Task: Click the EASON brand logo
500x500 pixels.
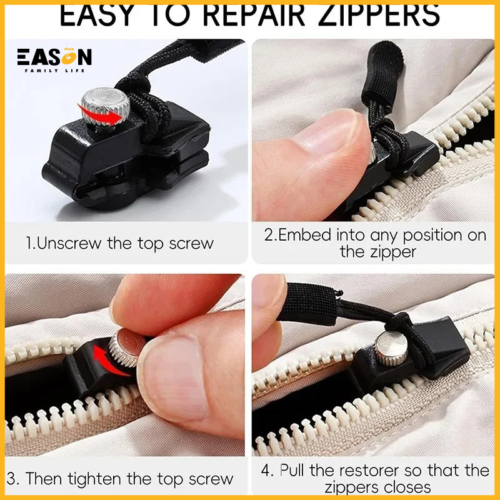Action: coord(54,58)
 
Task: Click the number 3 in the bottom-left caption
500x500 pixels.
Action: coord(13,479)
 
